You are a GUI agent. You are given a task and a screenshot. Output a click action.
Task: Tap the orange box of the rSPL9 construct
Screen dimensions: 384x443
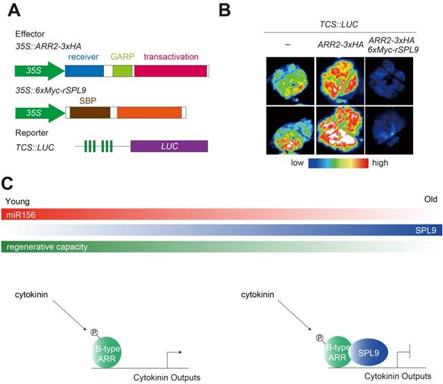click(x=149, y=111)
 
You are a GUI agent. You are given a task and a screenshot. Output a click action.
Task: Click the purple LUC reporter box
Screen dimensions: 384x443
click(x=169, y=146)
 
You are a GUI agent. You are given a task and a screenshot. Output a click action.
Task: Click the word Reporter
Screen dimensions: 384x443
click(x=31, y=132)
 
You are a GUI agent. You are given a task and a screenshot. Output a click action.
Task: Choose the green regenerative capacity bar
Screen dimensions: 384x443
click(x=102, y=246)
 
